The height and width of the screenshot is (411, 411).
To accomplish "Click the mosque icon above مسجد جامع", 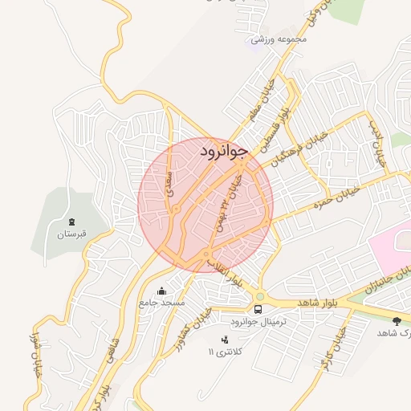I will (x=162, y=291).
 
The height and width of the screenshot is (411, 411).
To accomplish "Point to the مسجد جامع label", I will (x=161, y=303).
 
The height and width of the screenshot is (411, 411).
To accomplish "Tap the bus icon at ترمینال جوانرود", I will (x=258, y=308).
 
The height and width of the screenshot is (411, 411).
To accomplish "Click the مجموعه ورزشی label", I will (x=279, y=39).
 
